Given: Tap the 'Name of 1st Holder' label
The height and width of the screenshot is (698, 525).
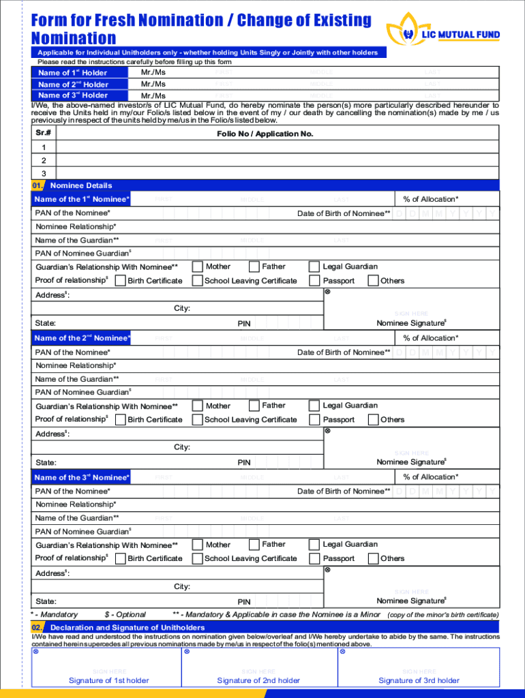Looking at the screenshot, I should point(72,73).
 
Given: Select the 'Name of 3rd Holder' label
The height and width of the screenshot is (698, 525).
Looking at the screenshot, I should point(72,95).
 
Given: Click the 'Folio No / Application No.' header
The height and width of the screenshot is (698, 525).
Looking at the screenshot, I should point(265,134).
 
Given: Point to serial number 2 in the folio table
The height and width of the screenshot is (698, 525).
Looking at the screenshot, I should point(44,160).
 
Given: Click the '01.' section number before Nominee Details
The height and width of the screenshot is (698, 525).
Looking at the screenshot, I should point(38,185).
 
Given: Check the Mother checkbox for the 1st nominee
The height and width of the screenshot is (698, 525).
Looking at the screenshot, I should point(198,267).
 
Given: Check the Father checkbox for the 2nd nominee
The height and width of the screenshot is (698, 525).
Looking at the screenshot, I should point(254,406).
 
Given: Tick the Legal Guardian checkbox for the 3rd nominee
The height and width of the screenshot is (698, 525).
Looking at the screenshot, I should point(314,545).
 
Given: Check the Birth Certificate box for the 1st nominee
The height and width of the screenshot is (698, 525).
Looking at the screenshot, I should point(121,281).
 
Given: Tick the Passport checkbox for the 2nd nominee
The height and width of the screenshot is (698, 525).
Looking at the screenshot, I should point(314,420).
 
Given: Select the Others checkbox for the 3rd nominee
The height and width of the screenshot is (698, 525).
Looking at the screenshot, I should point(373,559).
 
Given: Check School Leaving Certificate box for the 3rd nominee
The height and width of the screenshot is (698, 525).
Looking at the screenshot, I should point(198,559).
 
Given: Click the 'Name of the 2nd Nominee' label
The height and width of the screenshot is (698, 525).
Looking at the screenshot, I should point(82,338).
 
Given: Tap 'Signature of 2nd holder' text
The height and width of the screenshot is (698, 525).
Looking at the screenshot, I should point(258,680).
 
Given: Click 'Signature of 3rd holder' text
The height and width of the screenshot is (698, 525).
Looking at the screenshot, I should point(419,680).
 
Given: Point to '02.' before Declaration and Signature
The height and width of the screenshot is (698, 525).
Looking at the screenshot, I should point(38,627).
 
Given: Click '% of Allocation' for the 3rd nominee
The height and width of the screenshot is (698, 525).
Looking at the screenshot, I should point(430,477).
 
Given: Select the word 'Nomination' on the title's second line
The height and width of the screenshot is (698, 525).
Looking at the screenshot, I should point(74,38).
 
